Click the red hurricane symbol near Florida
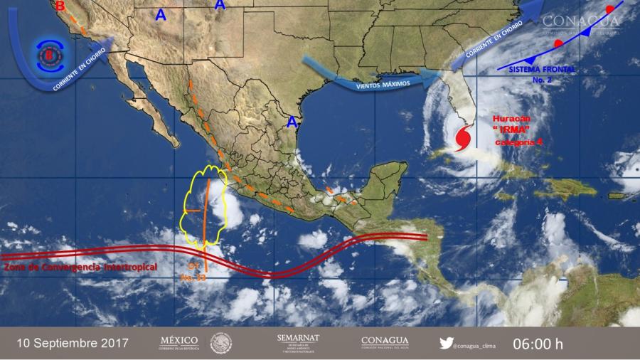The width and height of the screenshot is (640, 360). pos(463,137)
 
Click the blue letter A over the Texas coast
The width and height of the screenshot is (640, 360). pos(291,122)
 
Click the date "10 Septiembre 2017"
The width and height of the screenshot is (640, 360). pos(73,343)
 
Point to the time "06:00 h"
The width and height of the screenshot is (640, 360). pos(538,344)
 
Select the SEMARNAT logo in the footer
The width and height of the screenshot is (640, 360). pos(298,342)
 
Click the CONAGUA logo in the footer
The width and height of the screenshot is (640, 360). pos(385,342)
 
